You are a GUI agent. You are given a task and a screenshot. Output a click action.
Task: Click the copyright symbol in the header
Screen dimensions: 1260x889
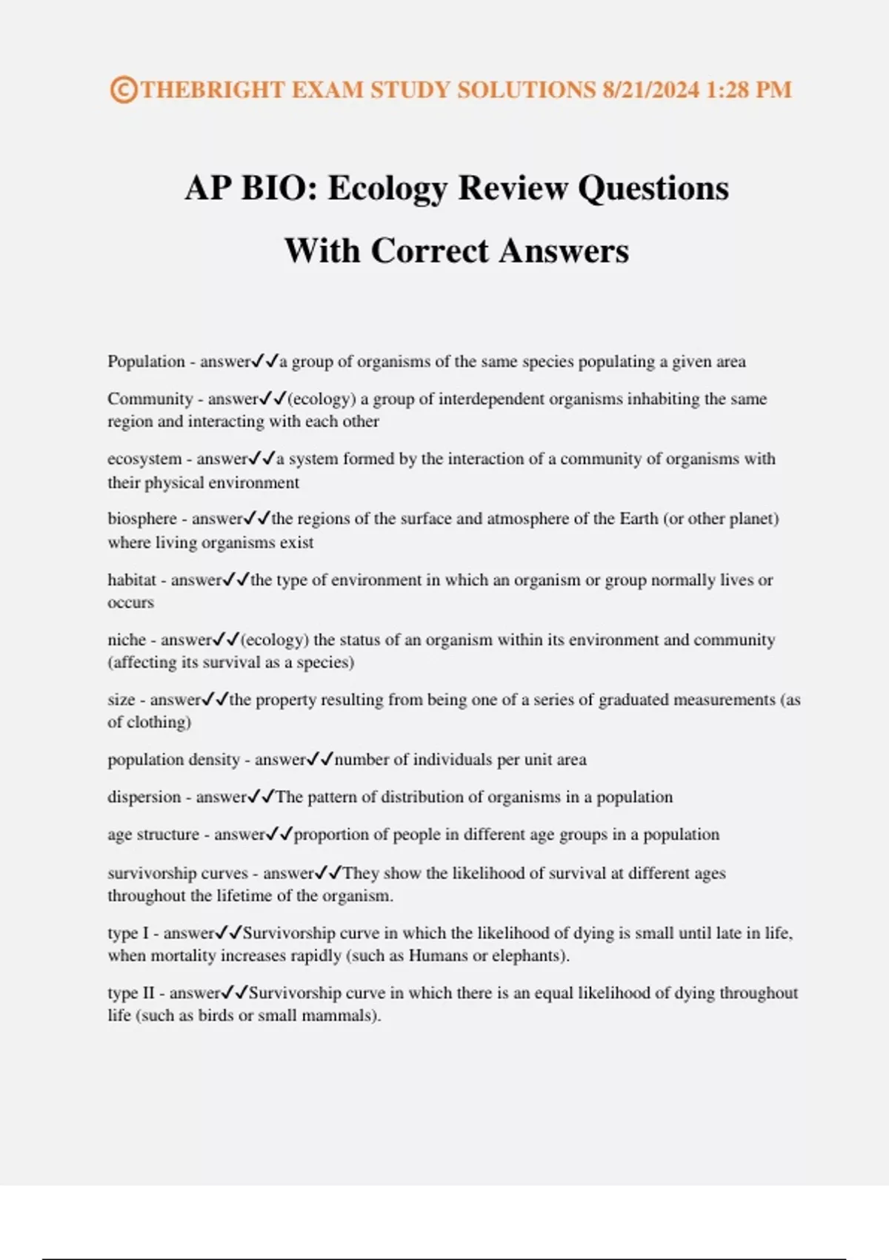(x=123, y=90)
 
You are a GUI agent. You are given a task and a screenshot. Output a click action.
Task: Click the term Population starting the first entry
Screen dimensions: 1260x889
(x=146, y=362)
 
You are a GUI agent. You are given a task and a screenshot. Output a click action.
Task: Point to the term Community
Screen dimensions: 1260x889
(x=150, y=399)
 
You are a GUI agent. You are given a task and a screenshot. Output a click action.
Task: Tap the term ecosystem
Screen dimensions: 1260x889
(x=144, y=459)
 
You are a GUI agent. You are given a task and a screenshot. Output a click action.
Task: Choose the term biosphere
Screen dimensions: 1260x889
(x=142, y=519)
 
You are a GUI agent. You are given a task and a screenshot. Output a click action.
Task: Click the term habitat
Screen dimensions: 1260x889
(x=132, y=580)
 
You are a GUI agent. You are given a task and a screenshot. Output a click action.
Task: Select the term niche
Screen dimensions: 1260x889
(x=127, y=640)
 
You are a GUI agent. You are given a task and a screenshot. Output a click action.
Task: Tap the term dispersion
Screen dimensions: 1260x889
(x=144, y=798)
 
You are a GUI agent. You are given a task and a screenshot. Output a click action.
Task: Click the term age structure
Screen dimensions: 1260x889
(x=153, y=835)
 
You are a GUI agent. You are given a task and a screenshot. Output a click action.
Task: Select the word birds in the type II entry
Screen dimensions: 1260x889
(x=216, y=1015)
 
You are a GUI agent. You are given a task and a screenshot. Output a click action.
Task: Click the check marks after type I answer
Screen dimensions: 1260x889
(x=229, y=932)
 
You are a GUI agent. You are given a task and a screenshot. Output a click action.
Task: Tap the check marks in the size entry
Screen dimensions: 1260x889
(x=216, y=699)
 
